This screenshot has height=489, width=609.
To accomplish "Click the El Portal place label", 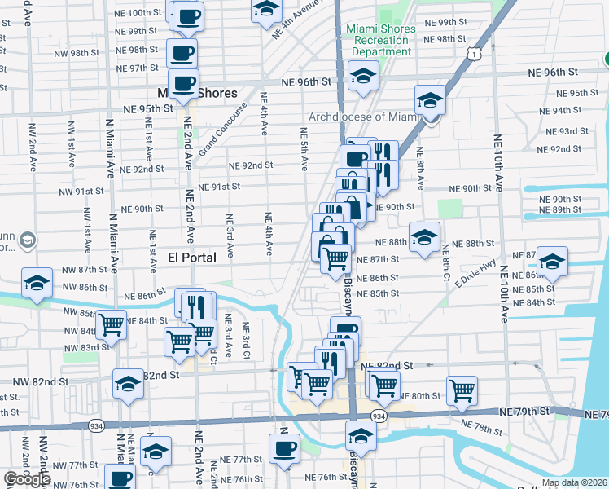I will pos(191,257).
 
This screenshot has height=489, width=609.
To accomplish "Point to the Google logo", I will pos(27,478).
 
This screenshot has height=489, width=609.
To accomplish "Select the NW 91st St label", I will pos(81,192).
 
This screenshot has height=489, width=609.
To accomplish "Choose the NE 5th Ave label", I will pos(304,148).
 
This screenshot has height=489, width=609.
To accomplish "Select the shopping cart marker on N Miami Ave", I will pos(112,324).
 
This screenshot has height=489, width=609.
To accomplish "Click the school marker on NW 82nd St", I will pos(129,382).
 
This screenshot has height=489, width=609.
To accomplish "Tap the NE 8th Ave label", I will pos(420,163).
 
